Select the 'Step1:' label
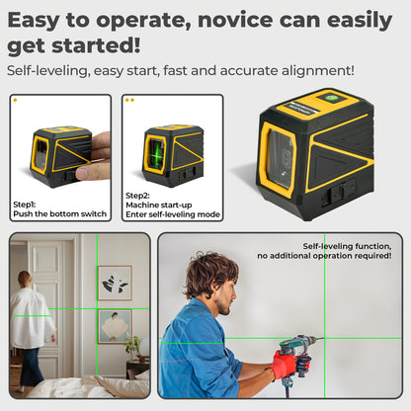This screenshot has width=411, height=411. (x=25, y=205)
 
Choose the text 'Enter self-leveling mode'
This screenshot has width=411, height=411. (x=173, y=214)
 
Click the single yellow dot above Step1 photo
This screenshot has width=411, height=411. (x=15, y=100)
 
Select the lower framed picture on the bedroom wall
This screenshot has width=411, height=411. (x=115, y=325)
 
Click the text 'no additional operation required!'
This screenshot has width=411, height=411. (x=326, y=256)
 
